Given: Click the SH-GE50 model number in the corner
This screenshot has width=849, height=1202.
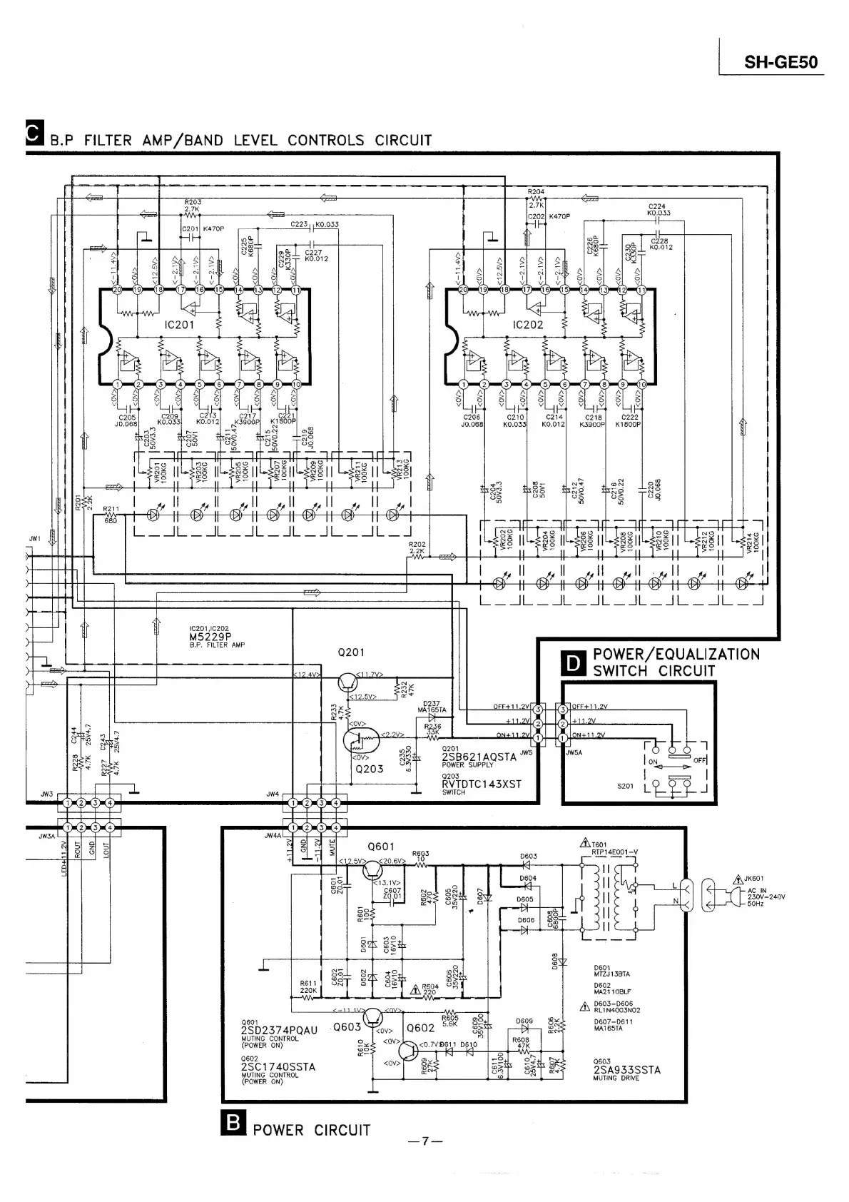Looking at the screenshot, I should (x=781, y=62).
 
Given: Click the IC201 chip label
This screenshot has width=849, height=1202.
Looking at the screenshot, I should (x=180, y=325).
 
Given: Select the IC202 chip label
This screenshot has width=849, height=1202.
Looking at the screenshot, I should (x=528, y=325).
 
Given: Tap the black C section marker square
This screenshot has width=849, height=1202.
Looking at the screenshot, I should (x=33, y=134).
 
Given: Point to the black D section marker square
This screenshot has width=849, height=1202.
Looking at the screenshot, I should (x=574, y=662).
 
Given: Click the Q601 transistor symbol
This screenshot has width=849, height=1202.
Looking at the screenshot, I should (x=373, y=869).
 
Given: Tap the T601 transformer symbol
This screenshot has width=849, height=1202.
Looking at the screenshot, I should (x=608, y=897).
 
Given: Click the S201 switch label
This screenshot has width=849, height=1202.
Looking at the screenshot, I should (x=625, y=787).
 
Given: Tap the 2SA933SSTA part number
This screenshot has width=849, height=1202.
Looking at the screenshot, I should (x=626, y=1070).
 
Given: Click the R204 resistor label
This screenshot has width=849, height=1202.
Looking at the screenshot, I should (x=536, y=192).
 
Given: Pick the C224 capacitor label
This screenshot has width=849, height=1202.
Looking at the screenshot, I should (x=657, y=206).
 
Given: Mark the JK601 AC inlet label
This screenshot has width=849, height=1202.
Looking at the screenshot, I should (x=754, y=879).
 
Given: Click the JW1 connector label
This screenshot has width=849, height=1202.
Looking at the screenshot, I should (x=35, y=538).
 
